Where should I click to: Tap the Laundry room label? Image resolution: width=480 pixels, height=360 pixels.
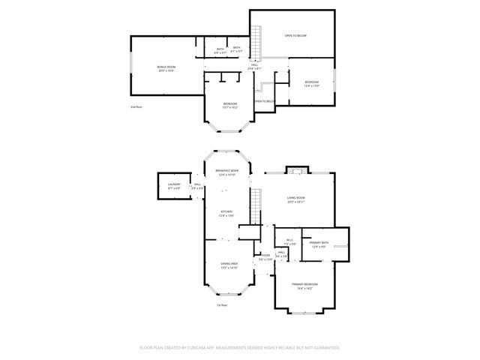[174, 185]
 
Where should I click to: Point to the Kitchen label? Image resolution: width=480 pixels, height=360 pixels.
[226, 214]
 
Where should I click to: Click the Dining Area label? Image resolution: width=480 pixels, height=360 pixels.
[229, 265]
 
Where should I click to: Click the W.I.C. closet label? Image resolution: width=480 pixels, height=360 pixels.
[289, 242]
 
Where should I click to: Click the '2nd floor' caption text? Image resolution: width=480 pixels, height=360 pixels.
[135, 107]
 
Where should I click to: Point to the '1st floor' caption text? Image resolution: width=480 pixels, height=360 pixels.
[222, 305]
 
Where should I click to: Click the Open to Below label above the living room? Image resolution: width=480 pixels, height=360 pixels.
[295, 36]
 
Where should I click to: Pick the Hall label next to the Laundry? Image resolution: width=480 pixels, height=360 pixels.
[197, 185]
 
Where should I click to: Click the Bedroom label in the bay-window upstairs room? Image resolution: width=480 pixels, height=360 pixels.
[229, 105]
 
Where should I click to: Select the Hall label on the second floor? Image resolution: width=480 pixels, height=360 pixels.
[255, 67]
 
